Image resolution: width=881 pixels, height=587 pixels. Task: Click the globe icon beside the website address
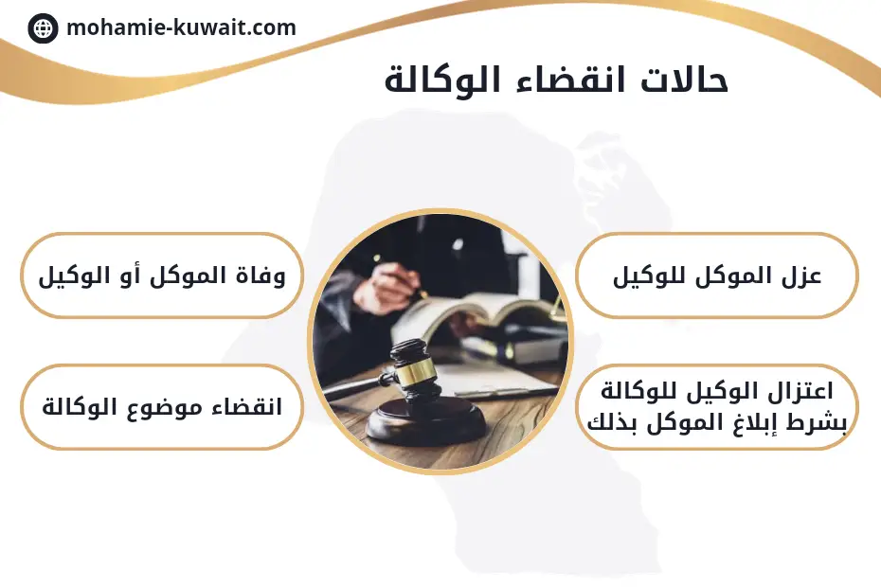coord(43,28)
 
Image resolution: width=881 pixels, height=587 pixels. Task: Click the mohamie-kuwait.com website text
coord(181,27)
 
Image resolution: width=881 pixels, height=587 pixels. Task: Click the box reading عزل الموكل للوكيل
coord(716,276)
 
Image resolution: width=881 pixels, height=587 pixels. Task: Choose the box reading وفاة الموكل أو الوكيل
coord(162,276)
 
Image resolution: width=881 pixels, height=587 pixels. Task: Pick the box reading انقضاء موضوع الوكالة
coord(162,407)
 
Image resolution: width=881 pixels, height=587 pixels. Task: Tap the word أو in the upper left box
coord(130,276)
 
